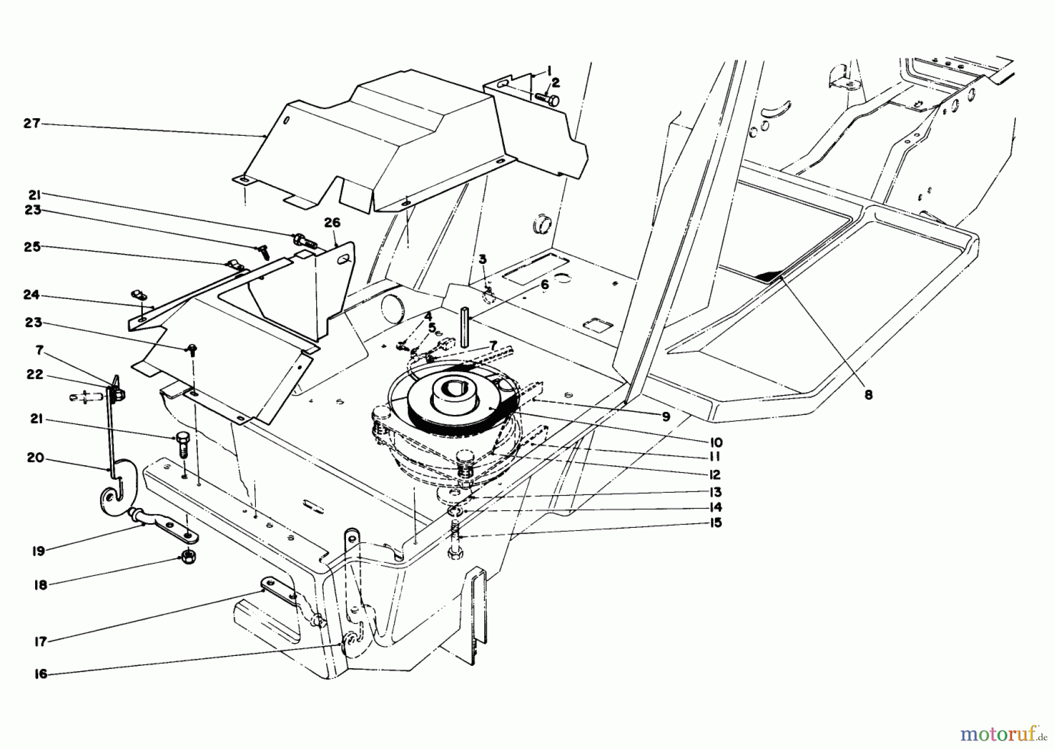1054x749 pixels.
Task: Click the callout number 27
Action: [32, 124]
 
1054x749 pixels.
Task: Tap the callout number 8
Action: [868, 395]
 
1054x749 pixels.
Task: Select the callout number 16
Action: [40, 674]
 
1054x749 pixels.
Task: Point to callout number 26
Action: [332, 224]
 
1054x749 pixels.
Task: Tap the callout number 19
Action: [39, 551]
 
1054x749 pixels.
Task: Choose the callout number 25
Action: [32, 247]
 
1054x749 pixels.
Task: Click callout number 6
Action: [544, 285]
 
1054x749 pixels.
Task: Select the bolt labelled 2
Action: [546, 99]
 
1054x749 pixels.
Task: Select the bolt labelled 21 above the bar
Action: [180, 445]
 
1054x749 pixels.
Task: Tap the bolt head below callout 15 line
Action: [454, 552]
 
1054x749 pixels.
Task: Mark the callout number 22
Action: [35, 374]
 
